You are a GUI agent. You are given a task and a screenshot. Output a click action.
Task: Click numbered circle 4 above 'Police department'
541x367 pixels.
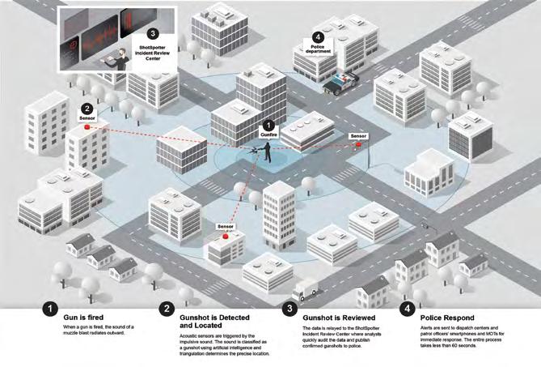click(x=318, y=36)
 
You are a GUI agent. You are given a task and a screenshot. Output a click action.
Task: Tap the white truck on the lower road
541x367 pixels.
click(x=308, y=288)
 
